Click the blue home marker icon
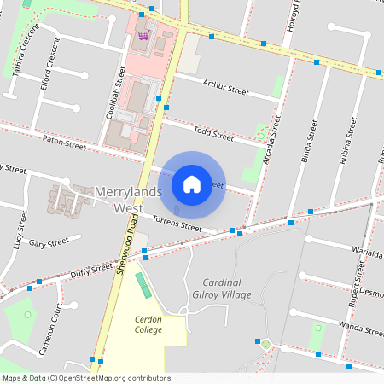[192, 183]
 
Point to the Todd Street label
[213, 132]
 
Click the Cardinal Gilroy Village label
[227, 288]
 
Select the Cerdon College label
[148, 324]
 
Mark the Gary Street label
[48, 243]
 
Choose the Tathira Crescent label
[26, 52]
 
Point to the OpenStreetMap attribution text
[86, 378]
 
